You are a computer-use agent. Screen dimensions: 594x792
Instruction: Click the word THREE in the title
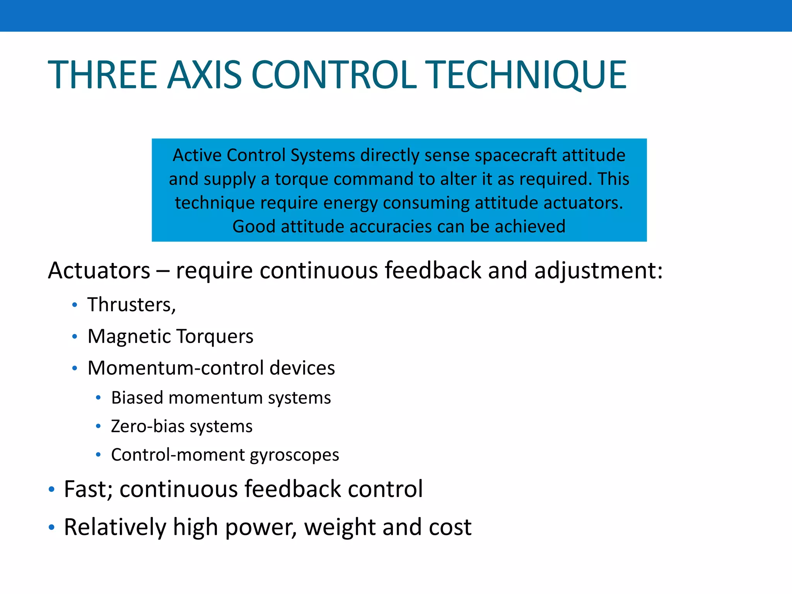coord(102,75)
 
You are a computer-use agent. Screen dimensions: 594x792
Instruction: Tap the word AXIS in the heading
coord(204,75)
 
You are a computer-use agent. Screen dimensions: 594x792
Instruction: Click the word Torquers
coord(215,336)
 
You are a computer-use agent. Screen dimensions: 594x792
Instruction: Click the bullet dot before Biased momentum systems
coord(98,398)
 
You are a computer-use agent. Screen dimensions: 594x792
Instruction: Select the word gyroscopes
coord(294,455)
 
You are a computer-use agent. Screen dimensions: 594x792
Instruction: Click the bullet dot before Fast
coord(51,490)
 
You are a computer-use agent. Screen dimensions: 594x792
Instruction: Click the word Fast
coord(87,489)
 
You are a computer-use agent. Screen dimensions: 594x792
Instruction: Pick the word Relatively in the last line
coord(114,527)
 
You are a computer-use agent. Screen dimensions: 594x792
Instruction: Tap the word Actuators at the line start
coord(99,270)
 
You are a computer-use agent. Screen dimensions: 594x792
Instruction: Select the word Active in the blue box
coord(197,155)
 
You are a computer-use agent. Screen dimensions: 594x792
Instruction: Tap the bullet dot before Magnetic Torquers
coord(75,336)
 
